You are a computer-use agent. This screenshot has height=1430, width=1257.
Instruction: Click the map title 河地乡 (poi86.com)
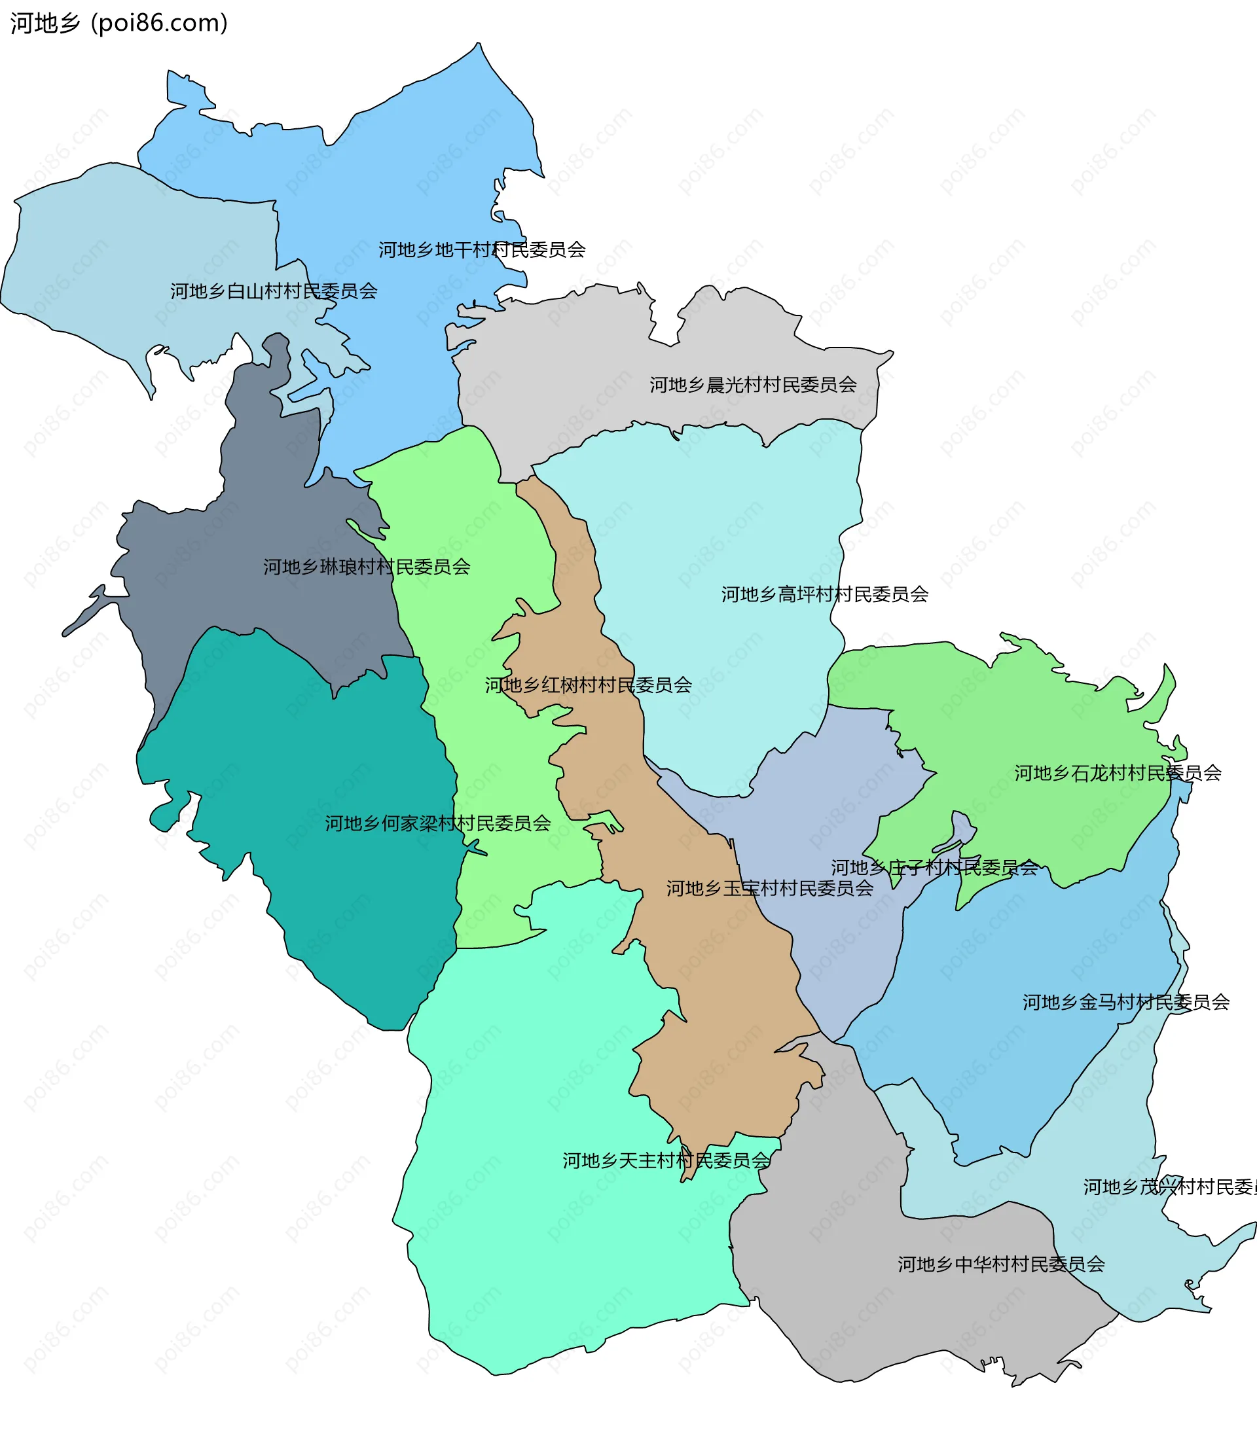[119, 23]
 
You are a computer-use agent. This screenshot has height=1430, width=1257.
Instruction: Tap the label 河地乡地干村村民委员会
[482, 250]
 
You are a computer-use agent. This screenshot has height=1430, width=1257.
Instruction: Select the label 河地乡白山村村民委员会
[274, 291]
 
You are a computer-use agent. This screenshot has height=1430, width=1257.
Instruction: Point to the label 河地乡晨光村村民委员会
[753, 385]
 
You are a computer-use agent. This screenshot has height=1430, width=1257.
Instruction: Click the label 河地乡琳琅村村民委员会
[367, 567]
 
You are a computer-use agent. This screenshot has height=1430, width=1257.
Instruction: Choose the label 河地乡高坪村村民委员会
[824, 595]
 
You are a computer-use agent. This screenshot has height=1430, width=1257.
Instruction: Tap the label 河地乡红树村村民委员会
[588, 685]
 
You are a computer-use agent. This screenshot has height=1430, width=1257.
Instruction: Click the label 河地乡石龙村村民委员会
[1118, 773]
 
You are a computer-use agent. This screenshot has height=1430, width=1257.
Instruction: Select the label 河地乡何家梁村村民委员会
[437, 823]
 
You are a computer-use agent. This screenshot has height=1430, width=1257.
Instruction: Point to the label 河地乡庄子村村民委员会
[934, 868]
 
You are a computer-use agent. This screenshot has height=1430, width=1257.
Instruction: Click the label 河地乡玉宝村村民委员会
[769, 889]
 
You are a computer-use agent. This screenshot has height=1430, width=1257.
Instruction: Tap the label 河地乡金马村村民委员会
[1125, 1003]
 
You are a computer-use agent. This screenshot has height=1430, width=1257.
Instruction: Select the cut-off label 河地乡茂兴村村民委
[1169, 1187]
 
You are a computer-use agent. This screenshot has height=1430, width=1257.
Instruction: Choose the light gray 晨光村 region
[595, 364]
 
